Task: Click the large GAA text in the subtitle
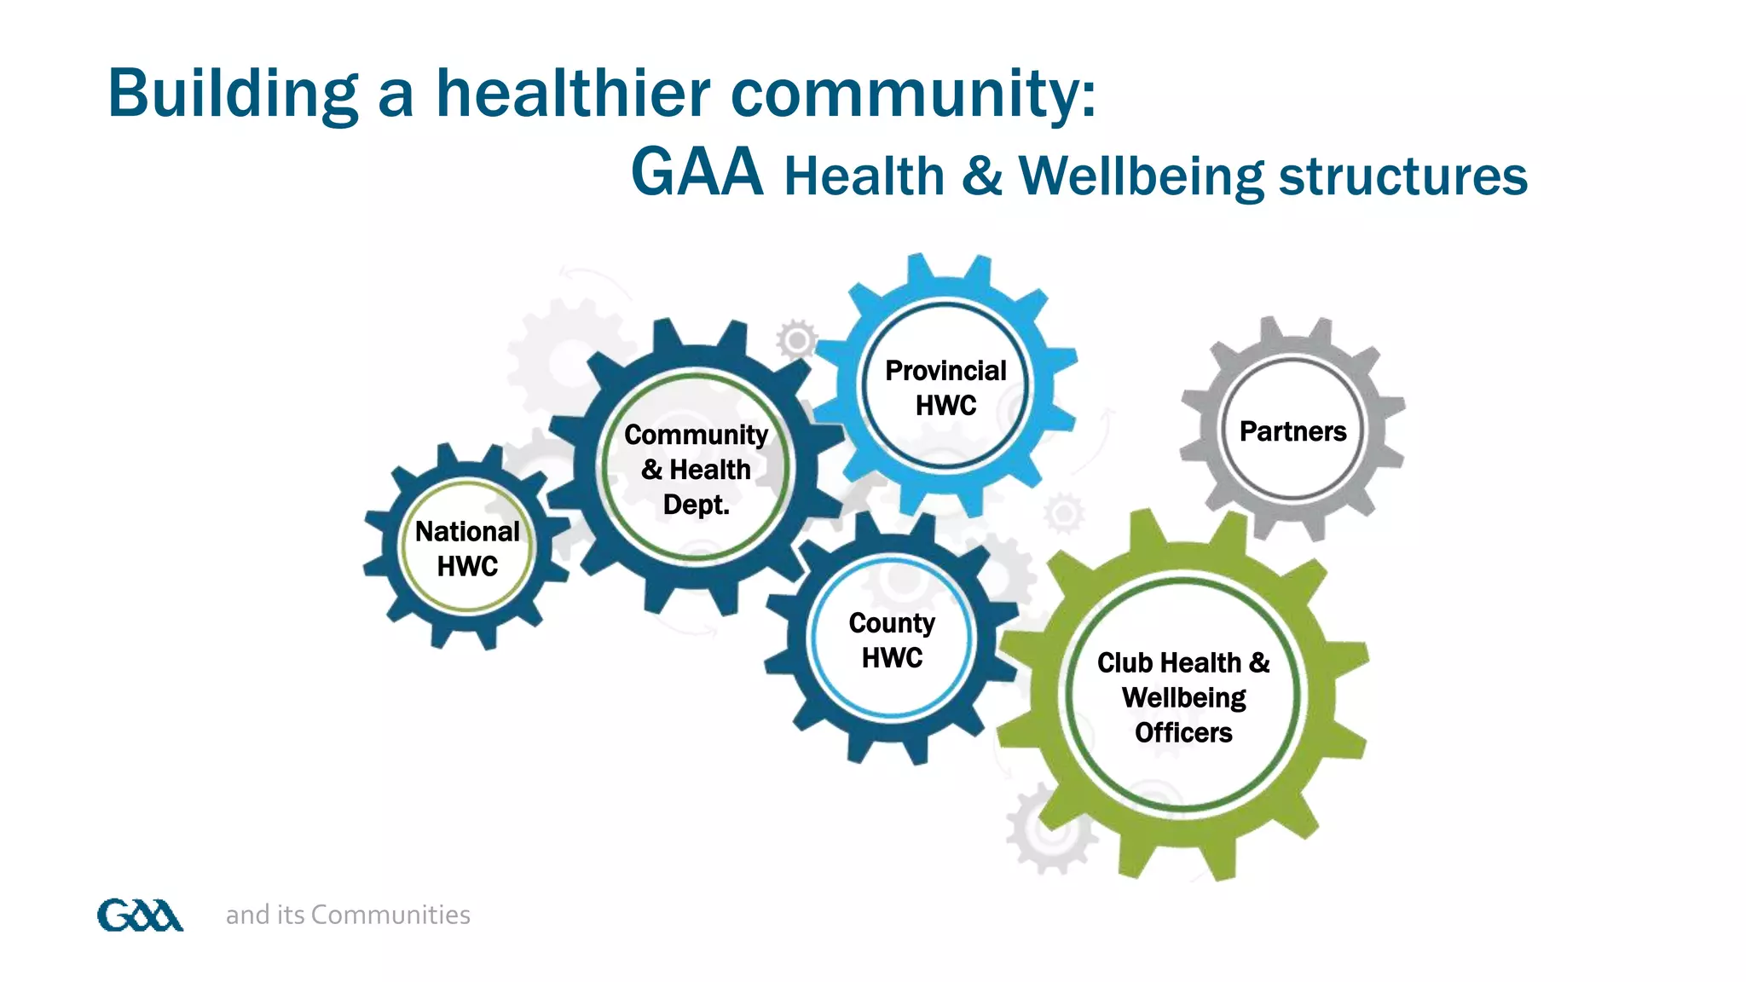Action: (x=697, y=173)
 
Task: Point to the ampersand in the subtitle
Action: (x=982, y=176)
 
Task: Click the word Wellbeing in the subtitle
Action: (x=1142, y=177)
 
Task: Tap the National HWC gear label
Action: (x=467, y=549)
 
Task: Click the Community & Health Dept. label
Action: (x=696, y=470)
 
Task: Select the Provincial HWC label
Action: (x=945, y=388)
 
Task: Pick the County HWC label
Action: (x=892, y=640)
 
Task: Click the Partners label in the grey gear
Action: (x=1292, y=431)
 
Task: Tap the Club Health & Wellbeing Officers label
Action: (x=1183, y=697)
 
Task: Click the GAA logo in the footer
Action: (x=140, y=916)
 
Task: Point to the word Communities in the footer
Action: (x=390, y=915)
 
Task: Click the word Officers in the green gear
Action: (x=1183, y=732)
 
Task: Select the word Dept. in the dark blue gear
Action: (x=696, y=505)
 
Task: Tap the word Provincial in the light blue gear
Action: (x=945, y=371)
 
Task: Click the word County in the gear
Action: (x=892, y=623)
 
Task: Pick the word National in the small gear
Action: (x=467, y=532)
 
